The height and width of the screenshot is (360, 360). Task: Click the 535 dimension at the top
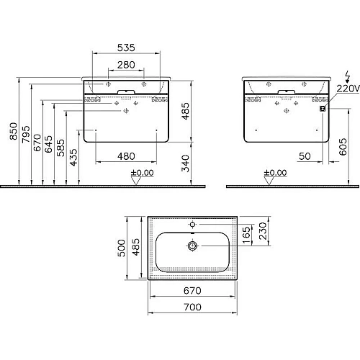(x=126, y=48)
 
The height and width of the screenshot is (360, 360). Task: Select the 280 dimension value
(x=126, y=65)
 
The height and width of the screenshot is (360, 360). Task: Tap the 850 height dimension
(x=14, y=131)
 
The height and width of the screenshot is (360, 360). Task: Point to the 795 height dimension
(x=26, y=135)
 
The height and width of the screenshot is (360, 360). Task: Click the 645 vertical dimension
(x=49, y=144)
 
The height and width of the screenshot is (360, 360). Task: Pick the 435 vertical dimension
(x=73, y=157)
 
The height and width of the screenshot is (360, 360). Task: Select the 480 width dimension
(x=126, y=156)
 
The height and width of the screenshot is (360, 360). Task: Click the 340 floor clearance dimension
(x=185, y=163)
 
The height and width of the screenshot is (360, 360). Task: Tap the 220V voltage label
(x=348, y=89)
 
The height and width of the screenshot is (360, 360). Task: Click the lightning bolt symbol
(x=348, y=76)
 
